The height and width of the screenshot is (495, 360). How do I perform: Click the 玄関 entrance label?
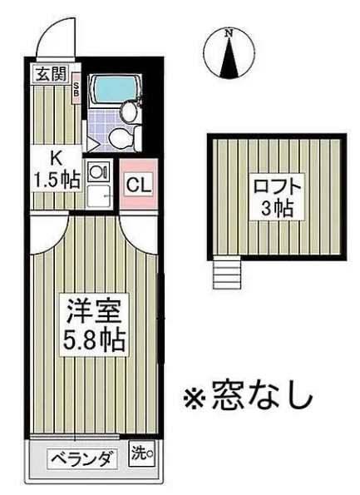pyautogui.click(x=51, y=75)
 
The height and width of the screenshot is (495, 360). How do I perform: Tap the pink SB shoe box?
pyautogui.click(x=76, y=89)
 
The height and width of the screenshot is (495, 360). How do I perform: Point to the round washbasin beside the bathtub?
pyautogui.click(x=129, y=111)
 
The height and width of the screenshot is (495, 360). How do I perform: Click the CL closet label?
pyautogui.click(x=139, y=186)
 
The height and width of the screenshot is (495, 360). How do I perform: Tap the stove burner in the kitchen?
pyautogui.click(x=98, y=171)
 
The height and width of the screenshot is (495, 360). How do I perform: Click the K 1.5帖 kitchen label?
pyautogui.click(x=57, y=169)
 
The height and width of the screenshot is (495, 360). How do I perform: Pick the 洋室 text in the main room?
pyautogui.click(x=94, y=311)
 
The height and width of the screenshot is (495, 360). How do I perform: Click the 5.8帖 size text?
pyautogui.click(x=94, y=340)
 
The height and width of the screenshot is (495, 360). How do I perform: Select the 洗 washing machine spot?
pyautogui.click(x=141, y=454)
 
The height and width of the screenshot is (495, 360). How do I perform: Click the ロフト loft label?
pyautogui.click(x=277, y=186)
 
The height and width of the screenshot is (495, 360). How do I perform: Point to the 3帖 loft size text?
pyautogui.click(x=277, y=208)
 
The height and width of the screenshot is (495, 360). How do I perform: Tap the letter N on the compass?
pyautogui.click(x=229, y=32)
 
